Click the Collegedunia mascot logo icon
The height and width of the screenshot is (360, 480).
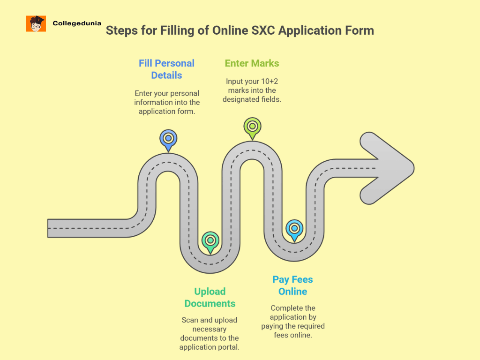[x=36, y=23]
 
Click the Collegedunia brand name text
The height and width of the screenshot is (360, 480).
[x=77, y=23]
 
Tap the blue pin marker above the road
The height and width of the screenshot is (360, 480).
[x=168, y=139]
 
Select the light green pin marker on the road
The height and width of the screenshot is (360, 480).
[x=252, y=127]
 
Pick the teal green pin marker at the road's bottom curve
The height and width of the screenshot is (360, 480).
[x=210, y=241]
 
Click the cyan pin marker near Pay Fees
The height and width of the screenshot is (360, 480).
[x=294, y=229]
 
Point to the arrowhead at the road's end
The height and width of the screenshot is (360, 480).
[x=387, y=168]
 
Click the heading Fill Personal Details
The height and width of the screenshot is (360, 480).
[x=166, y=69]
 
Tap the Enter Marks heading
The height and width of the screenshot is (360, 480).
[x=252, y=63]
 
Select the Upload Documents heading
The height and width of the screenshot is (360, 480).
[x=210, y=297]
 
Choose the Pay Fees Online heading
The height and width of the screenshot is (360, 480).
[x=292, y=285]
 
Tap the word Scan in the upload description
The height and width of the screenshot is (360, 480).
[x=190, y=320]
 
